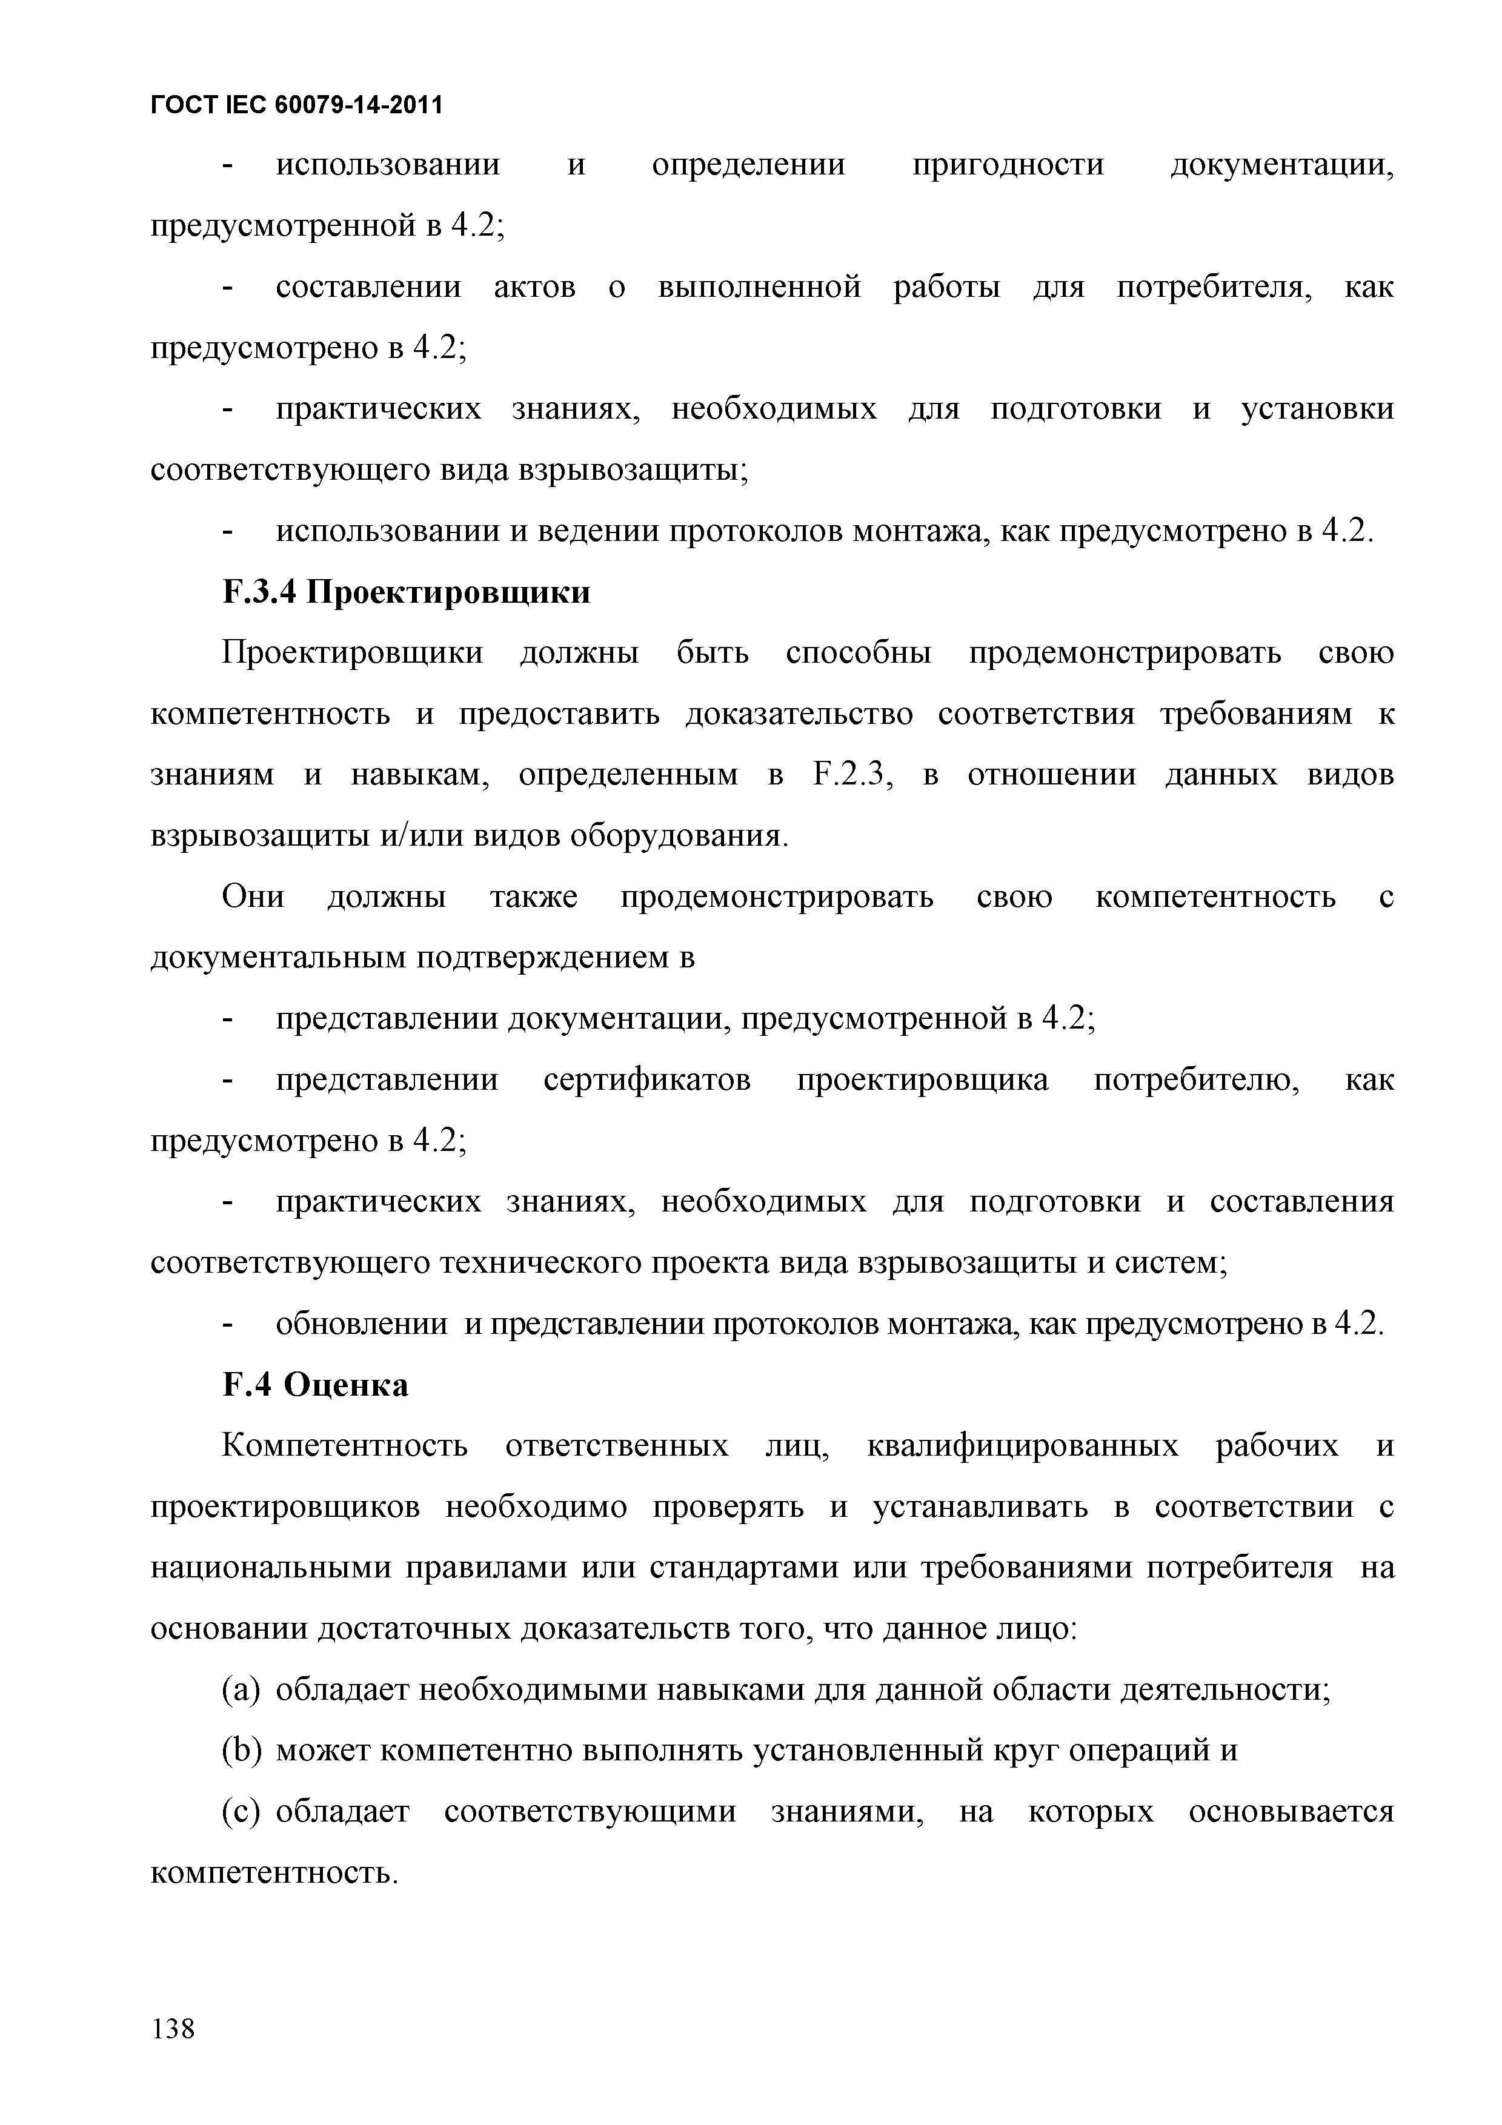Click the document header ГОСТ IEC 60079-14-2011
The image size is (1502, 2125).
point(296,105)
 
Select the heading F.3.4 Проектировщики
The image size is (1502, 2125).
point(407,592)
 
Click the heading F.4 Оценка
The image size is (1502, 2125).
point(316,1385)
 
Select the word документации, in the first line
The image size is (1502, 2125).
point(1281,165)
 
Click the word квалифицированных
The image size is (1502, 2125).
point(1023,1447)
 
